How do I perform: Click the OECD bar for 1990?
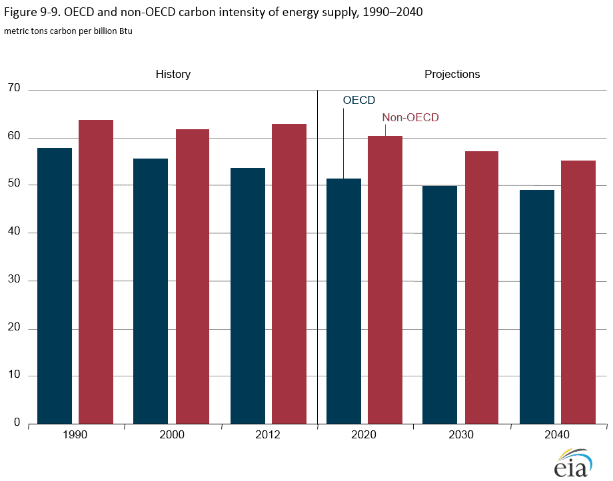[55, 286]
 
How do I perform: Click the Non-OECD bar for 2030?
[481, 287]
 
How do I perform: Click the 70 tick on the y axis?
[14, 89]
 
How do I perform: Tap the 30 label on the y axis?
[14, 280]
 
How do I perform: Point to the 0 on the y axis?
[17, 424]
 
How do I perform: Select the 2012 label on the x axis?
[268, 435]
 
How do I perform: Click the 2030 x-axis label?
[461, 435]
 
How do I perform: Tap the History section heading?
[173, 74]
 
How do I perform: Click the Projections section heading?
[452, 74]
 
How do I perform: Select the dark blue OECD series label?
[359, 100]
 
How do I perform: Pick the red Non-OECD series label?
[410, 117]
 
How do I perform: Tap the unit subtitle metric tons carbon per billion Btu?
[68, 31]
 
